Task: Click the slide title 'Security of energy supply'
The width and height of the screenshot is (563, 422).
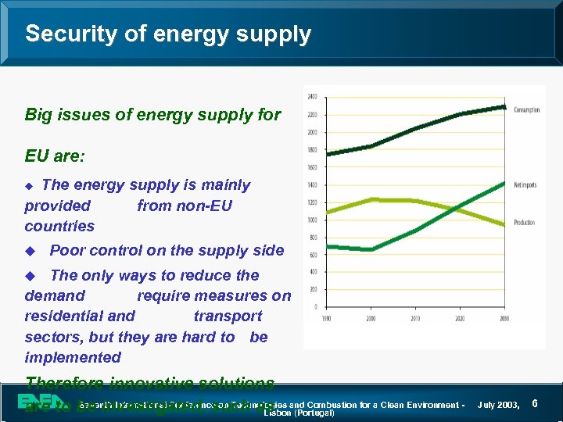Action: [x=168, y=34]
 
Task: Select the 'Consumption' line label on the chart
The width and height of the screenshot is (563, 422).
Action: [x=526, y=110]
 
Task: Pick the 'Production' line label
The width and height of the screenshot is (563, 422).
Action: [x=524, y=223]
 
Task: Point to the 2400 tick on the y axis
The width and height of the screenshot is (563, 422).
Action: [x=312, y=97]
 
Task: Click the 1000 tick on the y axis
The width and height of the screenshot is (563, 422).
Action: [x=312, y=220]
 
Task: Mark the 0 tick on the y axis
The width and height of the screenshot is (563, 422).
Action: [x=315, y=307]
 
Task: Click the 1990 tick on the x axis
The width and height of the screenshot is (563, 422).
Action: [x=326, y=318]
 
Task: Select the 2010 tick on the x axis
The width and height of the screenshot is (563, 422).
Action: [x=416, y=318]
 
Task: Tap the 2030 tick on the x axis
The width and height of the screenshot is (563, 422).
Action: [x=504, y=318]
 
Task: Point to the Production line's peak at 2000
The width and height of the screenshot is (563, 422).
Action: [x=371, y=199]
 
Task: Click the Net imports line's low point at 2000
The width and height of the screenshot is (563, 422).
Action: [x=371, y=249]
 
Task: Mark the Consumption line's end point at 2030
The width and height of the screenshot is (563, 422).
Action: [x=504, y=106]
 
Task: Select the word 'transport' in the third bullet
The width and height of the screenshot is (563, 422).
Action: [x=228, y=316]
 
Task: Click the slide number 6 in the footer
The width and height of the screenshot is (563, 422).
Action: [x=534, y=403]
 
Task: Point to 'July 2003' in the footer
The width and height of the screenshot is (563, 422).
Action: [x=498, y=405]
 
